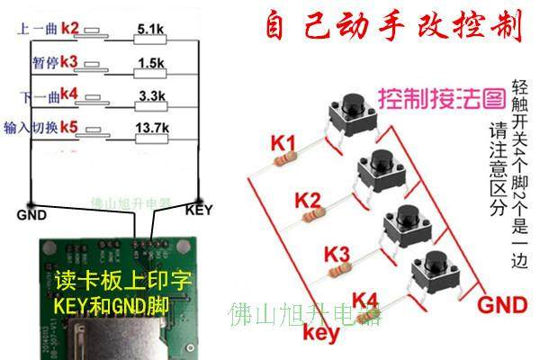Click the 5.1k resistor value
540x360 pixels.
click(x=149, y=31)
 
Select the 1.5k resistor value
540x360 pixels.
click(x=150, y=64)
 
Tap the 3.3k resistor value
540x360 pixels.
click(x=149, y=95)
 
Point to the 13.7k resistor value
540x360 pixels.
click(x=150, y=128)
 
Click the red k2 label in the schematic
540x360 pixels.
click(x=70, y=29)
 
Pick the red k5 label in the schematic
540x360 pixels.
click(x=70, y=127)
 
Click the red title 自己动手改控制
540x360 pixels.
click(x=393, y=27)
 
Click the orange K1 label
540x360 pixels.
click(x=283, y=141)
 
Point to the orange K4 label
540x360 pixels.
click(x=364, y=299)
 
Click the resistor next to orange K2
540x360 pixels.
click(x=311, y=215)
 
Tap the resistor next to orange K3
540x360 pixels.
click(x=339, y=268)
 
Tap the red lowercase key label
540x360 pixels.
click(x=319, y=334)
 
